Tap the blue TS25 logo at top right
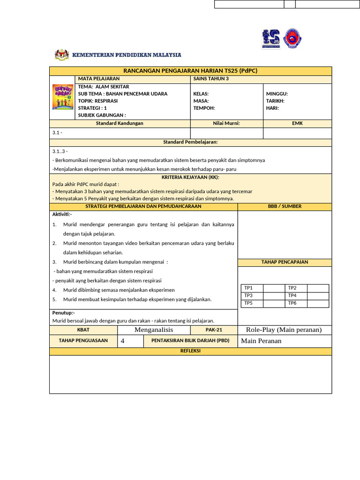coord(270,39)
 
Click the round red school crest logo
coord(293,39)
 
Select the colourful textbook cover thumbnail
coord(62,97)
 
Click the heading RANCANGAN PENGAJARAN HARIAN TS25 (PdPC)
coord(190,71)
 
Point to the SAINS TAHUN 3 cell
coord(211,79)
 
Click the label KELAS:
coord(201,94)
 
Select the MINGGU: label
coord(277,94)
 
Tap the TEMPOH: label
coord(204,108)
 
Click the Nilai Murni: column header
coord(226,123)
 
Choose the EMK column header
coord(297,123)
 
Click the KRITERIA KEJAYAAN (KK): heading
coord(190,177)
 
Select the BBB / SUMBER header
coord(285,206)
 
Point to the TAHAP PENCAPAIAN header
coord(285,262)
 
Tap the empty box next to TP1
coord(274,288)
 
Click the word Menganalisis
coord(154,330)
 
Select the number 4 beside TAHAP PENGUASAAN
coord(123,341)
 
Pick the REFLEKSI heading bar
coord(190,351)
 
